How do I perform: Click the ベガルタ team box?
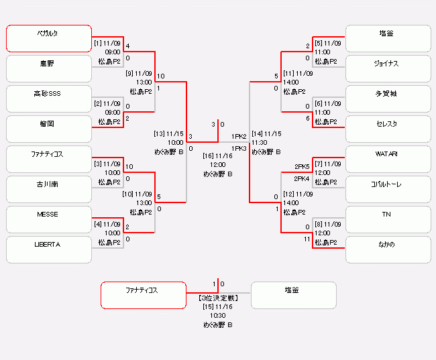click(49, 38)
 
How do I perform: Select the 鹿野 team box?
click(49, 68)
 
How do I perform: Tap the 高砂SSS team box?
click(49, 99)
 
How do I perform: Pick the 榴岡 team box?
click(49, 129)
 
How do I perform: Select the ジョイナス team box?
click(388, 68)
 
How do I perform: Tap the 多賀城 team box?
click(388, 99)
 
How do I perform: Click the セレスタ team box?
click(388, 129)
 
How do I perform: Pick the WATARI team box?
click(388, 159)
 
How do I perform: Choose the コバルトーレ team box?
click(388, 189)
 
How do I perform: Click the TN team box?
click(388, 219)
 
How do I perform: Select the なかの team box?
click(388, 249)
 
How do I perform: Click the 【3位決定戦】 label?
click(218, 297)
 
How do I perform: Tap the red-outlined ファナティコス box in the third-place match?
click(143, 295)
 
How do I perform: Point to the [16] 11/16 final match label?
click(218, 156)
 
